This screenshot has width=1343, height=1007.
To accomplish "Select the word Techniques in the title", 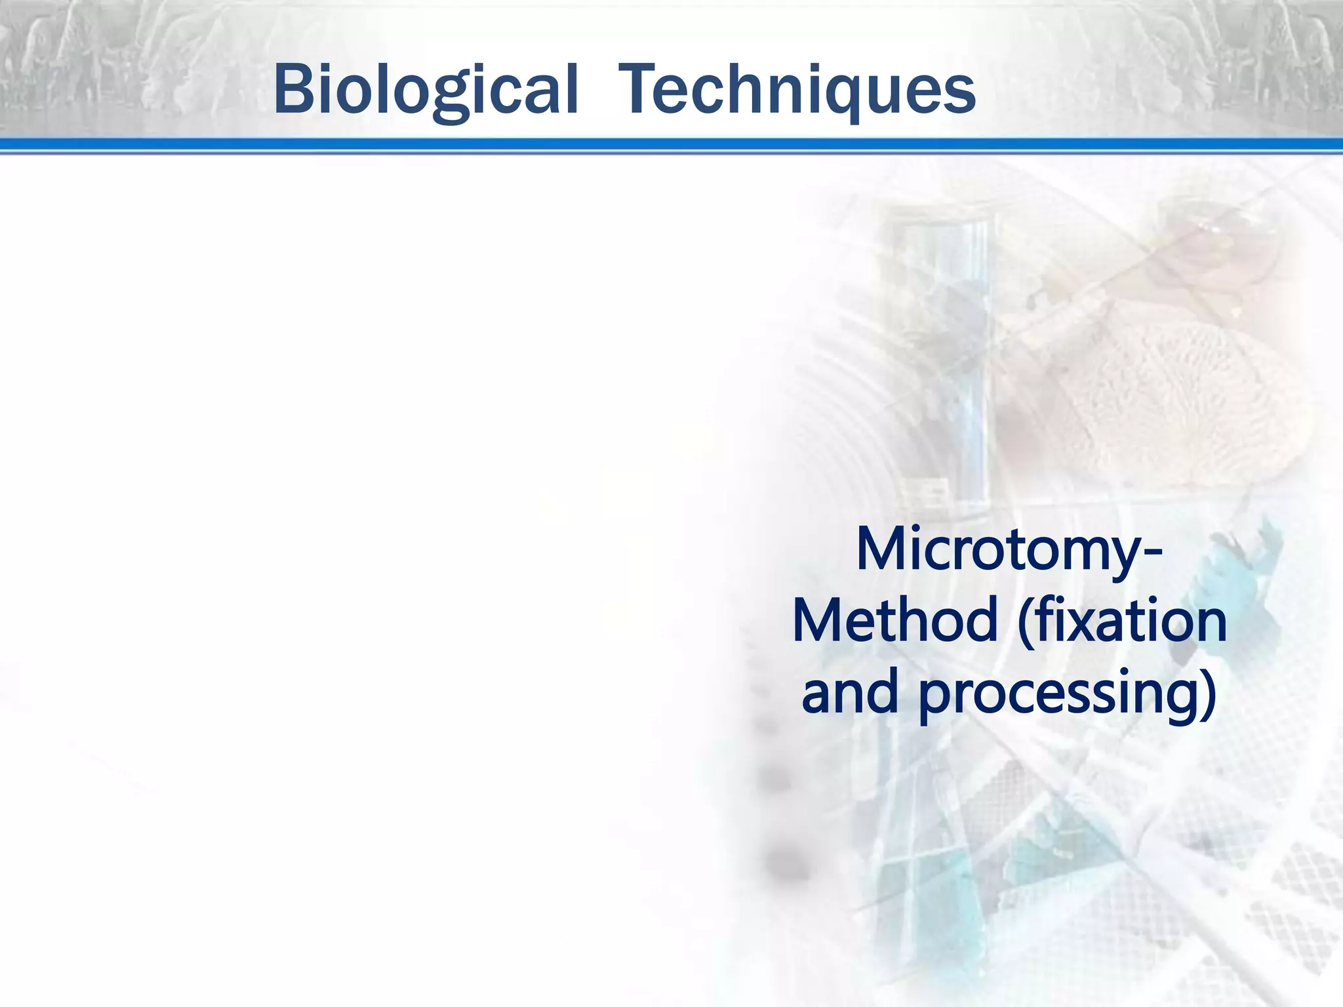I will (x=797, y=90).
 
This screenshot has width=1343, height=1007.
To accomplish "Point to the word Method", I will (x=895, y=622).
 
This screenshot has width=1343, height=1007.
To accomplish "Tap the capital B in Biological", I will (x=294, y=89).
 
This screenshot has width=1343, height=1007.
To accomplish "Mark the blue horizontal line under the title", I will (x=671, y=145).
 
